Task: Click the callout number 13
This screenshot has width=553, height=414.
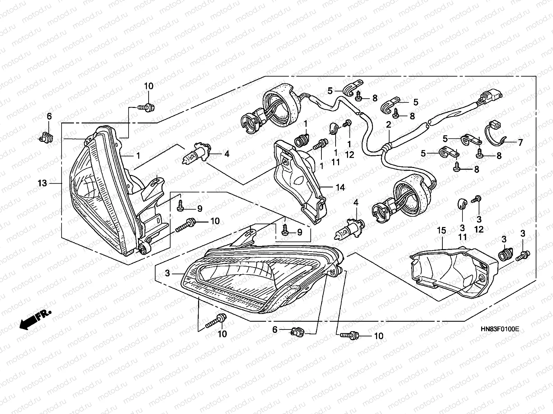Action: click(x=42, y=183)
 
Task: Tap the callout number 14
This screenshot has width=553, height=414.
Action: click(x=340, y=188)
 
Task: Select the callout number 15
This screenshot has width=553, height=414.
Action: click(x=442, y=230)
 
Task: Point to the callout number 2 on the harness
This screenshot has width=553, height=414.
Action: click(x=388, y=125)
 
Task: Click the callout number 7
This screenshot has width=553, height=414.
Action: click(x=520, y=142)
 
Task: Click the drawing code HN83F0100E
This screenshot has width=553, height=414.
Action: click(x=500, y=329)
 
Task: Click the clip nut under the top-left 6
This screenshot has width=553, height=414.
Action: click(x=46, y=138)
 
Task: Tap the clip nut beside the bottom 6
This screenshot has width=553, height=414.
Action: click(x=297, y=332)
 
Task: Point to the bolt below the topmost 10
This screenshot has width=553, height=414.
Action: click(x=147, y=108)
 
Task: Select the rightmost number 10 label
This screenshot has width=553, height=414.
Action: click(x=379, y=336)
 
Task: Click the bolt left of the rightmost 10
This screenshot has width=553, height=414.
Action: click(x=350, y=335)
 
